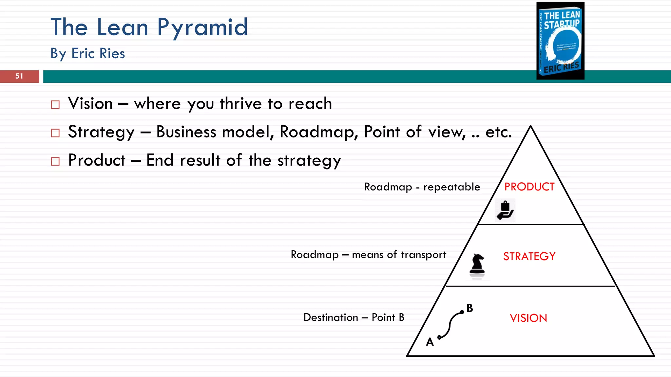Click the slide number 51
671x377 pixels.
(x=19, y=76)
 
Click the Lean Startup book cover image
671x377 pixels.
(x=560, y=41)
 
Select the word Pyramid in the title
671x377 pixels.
(x=202, y=27)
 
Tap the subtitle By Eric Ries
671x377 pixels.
(x=88, y=53)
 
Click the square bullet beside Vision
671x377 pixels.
(x=55, y=105)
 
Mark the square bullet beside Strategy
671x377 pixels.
(x=55, y=133)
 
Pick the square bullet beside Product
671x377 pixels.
(x=55, y=161)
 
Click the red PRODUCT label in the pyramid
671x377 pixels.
(x=529, y=187)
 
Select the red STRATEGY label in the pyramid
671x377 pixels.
(x=529, y=256)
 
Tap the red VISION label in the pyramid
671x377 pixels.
(x=528, y=318)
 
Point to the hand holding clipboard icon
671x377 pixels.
(x=505, y=210)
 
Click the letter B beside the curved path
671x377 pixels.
(x=470, y=308)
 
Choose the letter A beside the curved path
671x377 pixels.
(x=430, y=342)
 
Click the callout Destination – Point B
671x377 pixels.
(x=354, y=317)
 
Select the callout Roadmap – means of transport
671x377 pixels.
(x=368, y=255)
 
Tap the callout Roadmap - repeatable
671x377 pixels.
(x=422, y=187)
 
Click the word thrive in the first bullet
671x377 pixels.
(x=241, y=104)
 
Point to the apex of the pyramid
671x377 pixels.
(x=530, y=127)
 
